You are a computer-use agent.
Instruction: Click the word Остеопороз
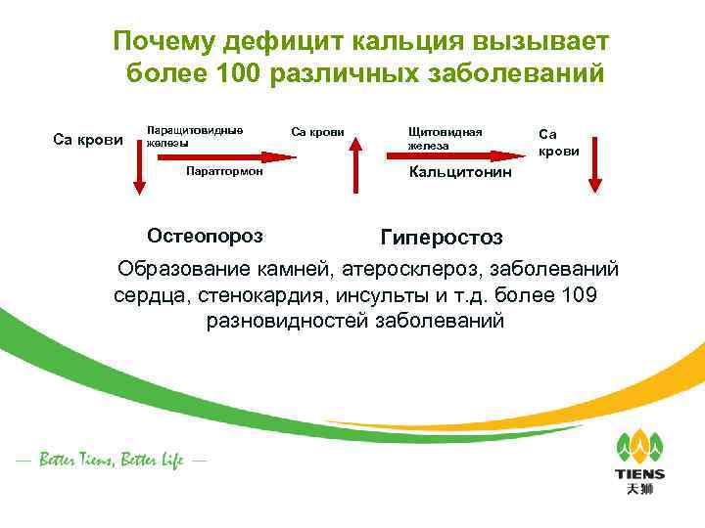tap(205, 236)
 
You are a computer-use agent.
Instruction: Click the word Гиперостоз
tap(442, 239)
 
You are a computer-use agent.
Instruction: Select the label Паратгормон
tap(223, 172)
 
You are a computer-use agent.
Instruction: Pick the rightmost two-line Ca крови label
tap(560, 142)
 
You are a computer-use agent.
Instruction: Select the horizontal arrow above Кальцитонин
tap(468, 154)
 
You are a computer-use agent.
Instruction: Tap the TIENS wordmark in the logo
tap(639, 474)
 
